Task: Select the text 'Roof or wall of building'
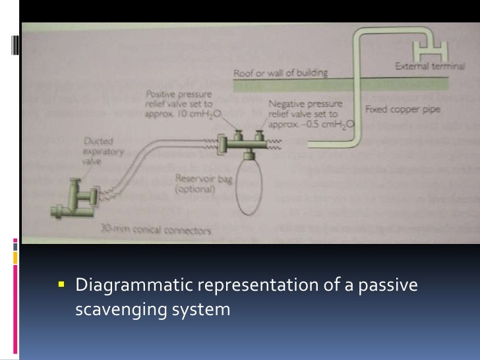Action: tap(280, 73)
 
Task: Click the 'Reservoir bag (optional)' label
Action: tap(196, 183)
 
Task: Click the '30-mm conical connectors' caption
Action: tap(156, 231)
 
